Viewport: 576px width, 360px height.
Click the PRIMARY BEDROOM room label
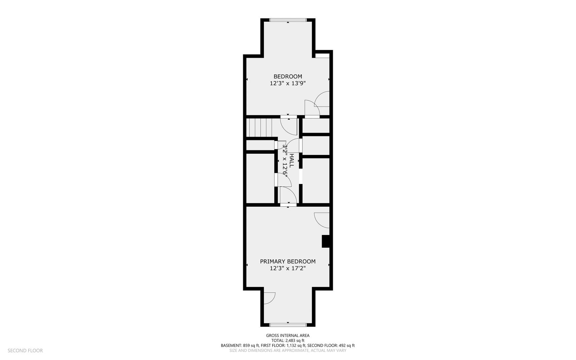tap(288, 261)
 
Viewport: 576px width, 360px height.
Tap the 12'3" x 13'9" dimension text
tap(288, 83)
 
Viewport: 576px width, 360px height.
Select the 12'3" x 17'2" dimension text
tap(288, 268)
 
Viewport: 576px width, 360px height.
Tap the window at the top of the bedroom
tap(288, 20)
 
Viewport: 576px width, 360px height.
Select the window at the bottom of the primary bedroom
tap(288, 325)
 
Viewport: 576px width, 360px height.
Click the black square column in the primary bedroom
tap(325, 241)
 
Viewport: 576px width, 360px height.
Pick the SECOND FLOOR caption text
tap(25, 350)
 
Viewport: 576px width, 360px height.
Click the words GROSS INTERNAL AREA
tap(288, 335)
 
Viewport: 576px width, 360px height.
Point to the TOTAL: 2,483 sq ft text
tap(288, 340)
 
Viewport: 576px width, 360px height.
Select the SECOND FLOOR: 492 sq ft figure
tap(331, 346)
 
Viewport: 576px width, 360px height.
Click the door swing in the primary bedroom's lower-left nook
tap(270, 298)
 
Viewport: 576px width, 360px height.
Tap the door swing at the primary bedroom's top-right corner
tap(322, 220)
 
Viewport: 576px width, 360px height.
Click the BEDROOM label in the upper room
tap(288, 76)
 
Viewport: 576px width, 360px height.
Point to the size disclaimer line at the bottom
tap(288, 351)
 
